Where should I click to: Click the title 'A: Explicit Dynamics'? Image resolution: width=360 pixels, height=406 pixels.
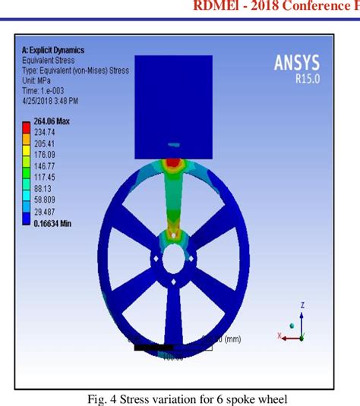pos(53,50)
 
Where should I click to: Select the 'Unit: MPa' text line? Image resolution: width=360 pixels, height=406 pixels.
pos(39,80)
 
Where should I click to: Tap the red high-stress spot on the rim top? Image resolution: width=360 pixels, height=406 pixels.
pos(174,162)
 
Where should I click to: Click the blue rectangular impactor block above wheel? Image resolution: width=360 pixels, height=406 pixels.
pos(173,99)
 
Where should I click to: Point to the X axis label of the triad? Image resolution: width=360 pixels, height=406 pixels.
pos(280,335)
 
